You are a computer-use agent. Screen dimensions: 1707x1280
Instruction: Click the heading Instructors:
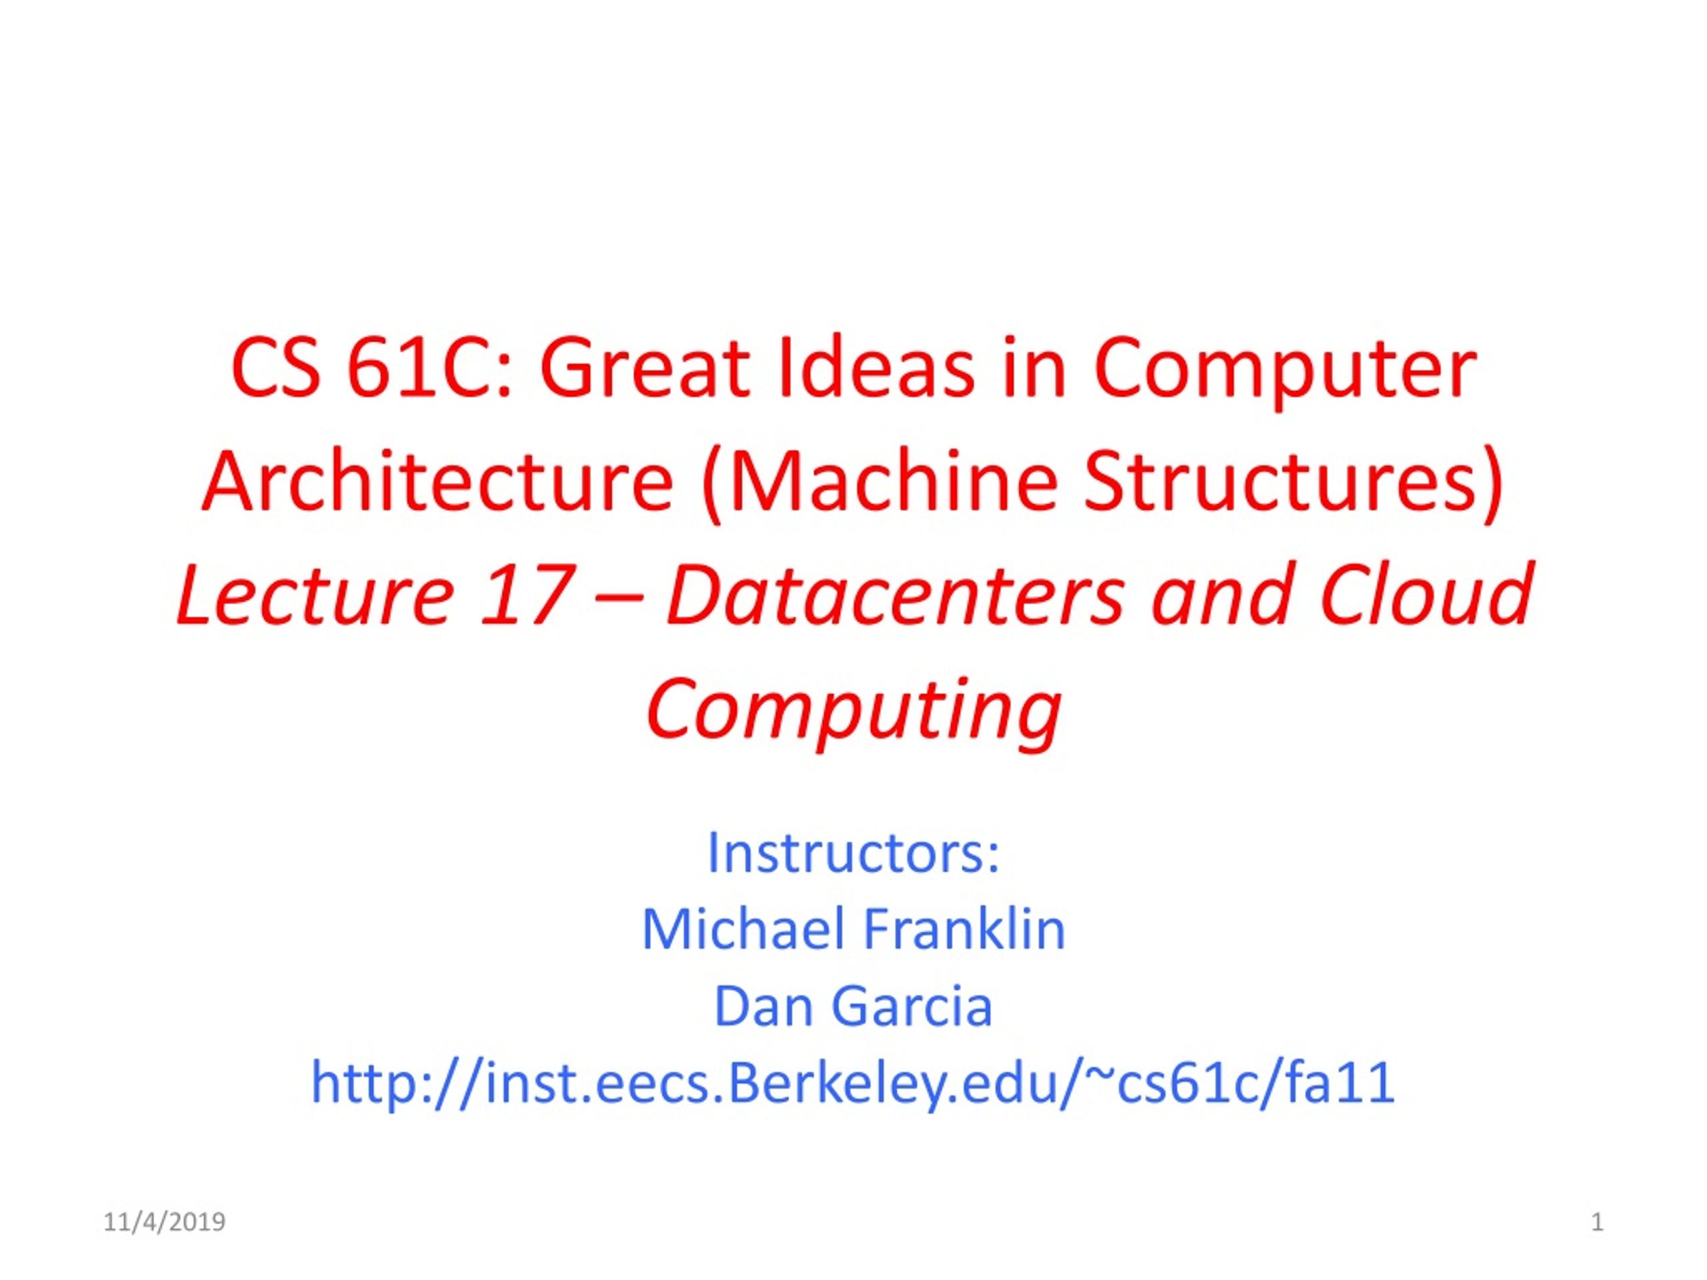(x=853, y=853)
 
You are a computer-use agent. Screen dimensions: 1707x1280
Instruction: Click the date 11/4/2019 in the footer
(x=165, y=1222)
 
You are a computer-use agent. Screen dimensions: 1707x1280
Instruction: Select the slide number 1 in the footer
(x=1598, y=1222)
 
